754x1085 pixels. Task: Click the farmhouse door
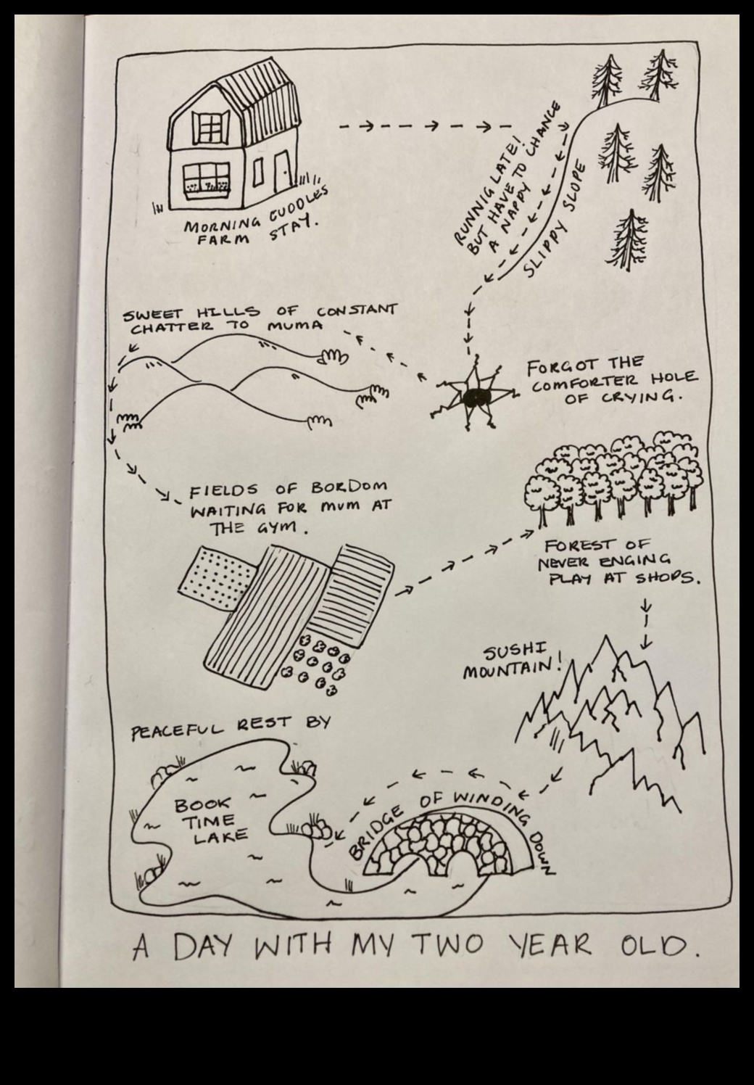281,173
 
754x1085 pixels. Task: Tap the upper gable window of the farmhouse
210,128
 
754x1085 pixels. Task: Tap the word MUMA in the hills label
295,326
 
